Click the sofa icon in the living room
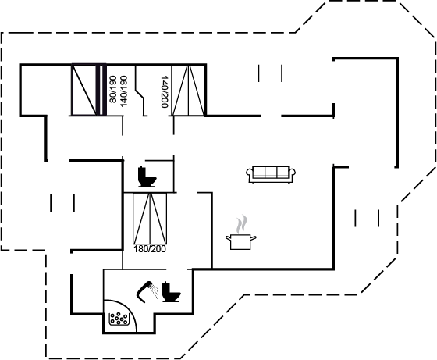[x=271, y=175]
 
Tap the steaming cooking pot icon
[x=241, y=232]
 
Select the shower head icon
[x=144, y=292]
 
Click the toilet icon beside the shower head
[x=171, y=292]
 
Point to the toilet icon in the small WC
[x=147, y=176]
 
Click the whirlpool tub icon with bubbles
[x=119, y=319]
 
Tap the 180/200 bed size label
[x=150, y=249]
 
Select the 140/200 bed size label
[x=165, y=91]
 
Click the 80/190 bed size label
[x=112, y=89]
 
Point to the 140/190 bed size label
[x=123, y=91]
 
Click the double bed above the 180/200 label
[x=150, y=219]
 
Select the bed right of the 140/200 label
[x=188, y=91]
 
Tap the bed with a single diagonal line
[x=84, y=90]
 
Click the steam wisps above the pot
[x=242, y=223]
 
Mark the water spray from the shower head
[x=154, y=291]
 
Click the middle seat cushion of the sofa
[x=271, y=172]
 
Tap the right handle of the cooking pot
[x=253, y=238]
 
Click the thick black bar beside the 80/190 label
[x=105, y=90]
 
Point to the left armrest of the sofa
[x=250, y=173]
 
